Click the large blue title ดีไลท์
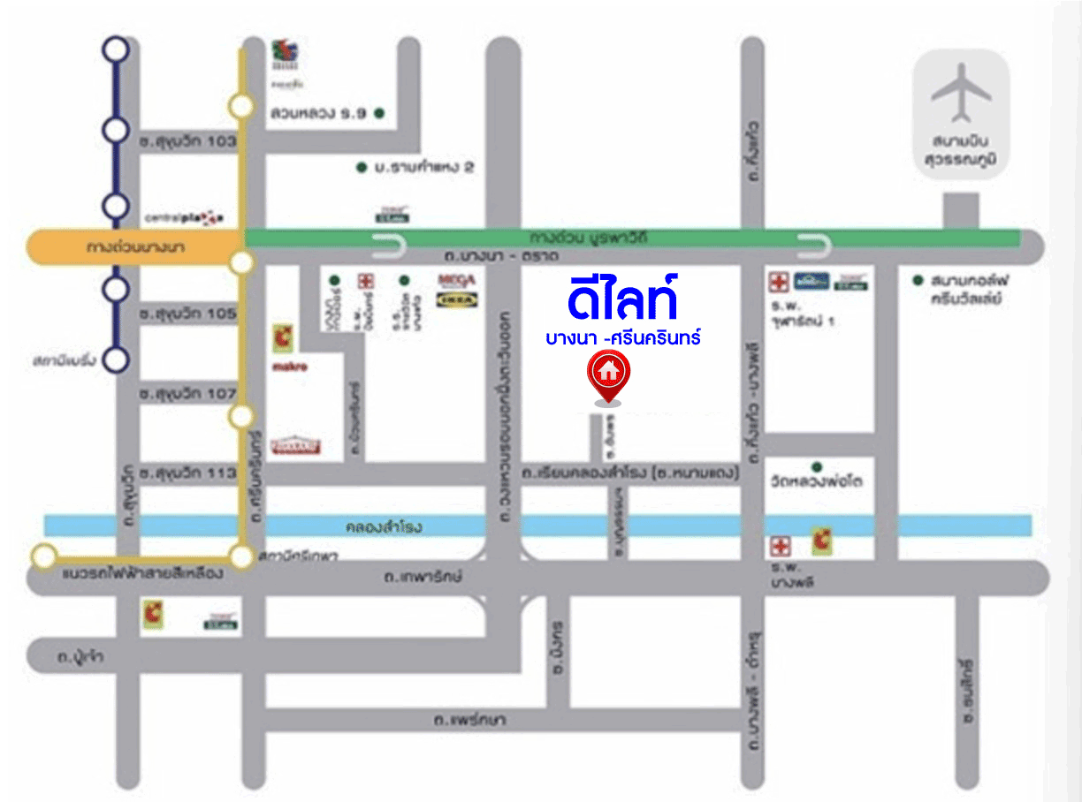pyautogui.click(x=623, y=298)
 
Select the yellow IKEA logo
pyautogui.click(x=458, y=300)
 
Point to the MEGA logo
pyautogui.click(x=457, y=280)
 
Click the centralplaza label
pyautogui.click(x=184, y=217)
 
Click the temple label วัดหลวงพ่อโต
pyautogui.click(x=816, y=482)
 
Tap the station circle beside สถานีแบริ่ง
pyautogui.click(x=116, y=359)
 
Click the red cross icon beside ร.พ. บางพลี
pyautogui.click(x=779, y=544)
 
